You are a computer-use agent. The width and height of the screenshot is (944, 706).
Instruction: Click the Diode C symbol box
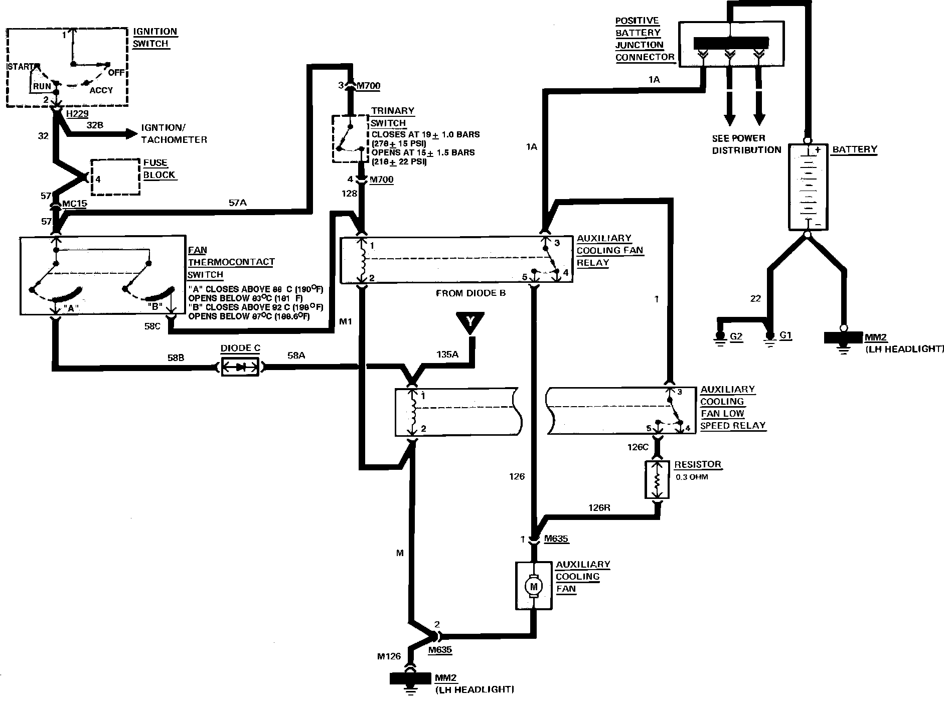(x=240, y=367)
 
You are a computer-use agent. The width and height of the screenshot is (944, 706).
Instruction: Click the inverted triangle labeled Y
(x=470, y=322)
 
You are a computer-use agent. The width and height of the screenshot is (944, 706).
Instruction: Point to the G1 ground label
(x=785, y=335)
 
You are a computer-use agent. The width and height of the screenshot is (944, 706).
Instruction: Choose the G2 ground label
(x=735, y=335)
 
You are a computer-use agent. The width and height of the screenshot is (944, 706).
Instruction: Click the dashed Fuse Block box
(x=115, y=177)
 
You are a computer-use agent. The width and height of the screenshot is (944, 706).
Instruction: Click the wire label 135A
(x=447, y=355)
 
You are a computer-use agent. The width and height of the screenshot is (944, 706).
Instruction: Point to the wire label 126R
(x=599, y=507)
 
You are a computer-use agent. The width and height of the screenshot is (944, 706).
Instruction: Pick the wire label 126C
(x=638, y=446)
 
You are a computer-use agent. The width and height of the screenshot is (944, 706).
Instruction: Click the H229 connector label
(x=76, y=115)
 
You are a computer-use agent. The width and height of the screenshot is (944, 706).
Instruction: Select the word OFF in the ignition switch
(x=116, y=72)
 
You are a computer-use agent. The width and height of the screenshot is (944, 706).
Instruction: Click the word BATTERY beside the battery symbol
(x=854, y=149)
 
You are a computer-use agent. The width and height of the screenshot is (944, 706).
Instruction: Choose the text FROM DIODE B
(x=470, y=293)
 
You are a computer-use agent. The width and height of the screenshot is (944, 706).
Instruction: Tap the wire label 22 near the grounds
(x=755, y=299)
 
